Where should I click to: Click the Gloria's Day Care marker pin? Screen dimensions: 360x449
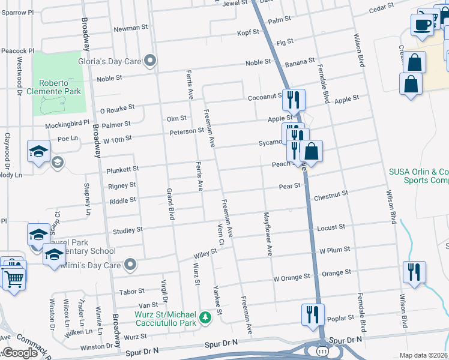click(x=151, y=60)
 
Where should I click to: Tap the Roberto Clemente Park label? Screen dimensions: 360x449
click(x=60, y=87)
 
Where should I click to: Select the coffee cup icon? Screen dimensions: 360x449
click(x=423, y=25)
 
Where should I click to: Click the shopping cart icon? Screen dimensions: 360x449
click(x=14, y=278)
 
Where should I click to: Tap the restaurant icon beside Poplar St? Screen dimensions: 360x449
click(x=313, y=314)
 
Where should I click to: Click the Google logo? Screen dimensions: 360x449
click(x=19, y=353)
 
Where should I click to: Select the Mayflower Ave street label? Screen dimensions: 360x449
click(x=267, y=233)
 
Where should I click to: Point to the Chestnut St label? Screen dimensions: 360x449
click(x=330, y=195)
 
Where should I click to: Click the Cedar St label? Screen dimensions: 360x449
click(x=381, y=8)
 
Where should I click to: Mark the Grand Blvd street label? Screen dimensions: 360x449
click(x=169, y=204)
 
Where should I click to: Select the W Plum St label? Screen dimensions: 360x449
click(x=334, y=250)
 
